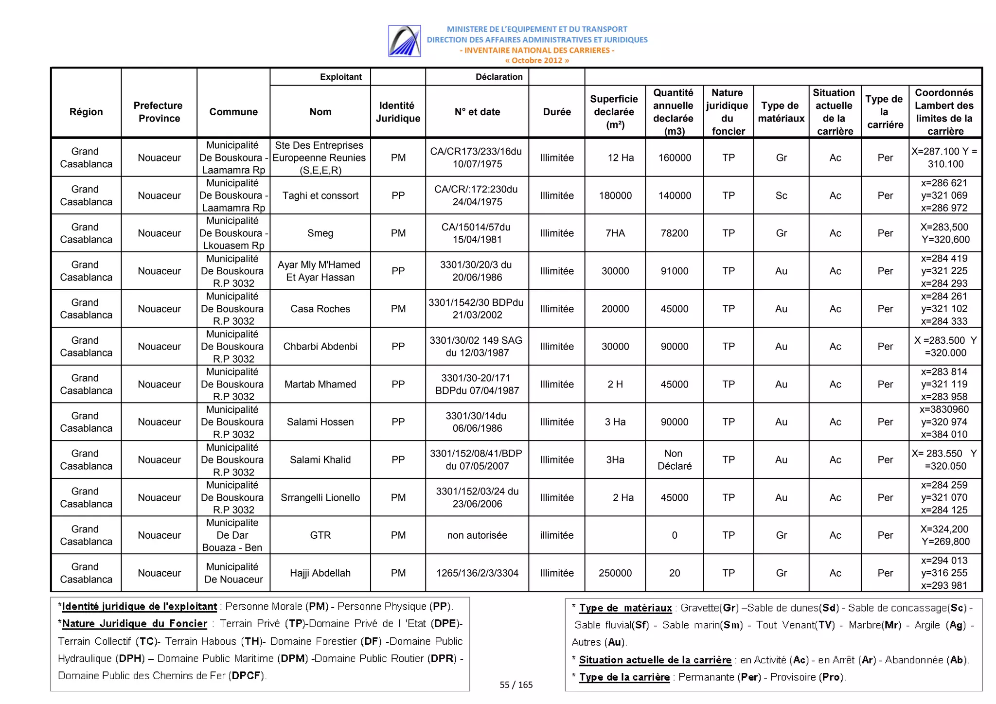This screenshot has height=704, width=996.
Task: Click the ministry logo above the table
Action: click(x=404, y=41)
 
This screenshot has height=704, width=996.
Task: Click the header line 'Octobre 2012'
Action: click(x=537, y=61)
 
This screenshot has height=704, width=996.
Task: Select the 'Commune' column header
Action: click(x=233, y=112)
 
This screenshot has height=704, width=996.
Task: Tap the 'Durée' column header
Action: click(x=557, y=112)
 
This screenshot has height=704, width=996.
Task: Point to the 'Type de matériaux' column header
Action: click(x=781, y=112)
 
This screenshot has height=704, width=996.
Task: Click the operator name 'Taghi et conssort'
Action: click(x=320, y=195)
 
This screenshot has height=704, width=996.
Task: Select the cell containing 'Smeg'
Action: click(x=320, y=233)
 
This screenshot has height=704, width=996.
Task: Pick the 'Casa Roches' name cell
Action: click(x=320, y=309)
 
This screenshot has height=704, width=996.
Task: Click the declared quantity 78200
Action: click(x=674, y=233)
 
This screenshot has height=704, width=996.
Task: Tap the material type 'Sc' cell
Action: click(x=781, y=195)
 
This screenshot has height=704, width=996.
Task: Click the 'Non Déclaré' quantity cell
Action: click(x=674, y=460)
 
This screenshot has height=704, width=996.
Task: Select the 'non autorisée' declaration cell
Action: click(x=477, y=535)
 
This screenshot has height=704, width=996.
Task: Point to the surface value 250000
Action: click(x=615, y=573)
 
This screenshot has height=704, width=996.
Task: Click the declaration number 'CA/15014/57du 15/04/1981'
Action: click(x=477, y=233)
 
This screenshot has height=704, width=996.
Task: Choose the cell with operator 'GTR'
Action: click(x=320, y=535)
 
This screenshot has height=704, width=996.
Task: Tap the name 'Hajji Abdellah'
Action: click(x=320, y=573)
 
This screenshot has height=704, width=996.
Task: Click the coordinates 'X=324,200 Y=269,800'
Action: click(x=945, y=535)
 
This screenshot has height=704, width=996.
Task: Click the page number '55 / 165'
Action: click(x=516, y=685)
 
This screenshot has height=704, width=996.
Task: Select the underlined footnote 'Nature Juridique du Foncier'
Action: click(x=135, y=624)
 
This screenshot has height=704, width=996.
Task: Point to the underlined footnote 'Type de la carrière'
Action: click(x=624, y=677)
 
